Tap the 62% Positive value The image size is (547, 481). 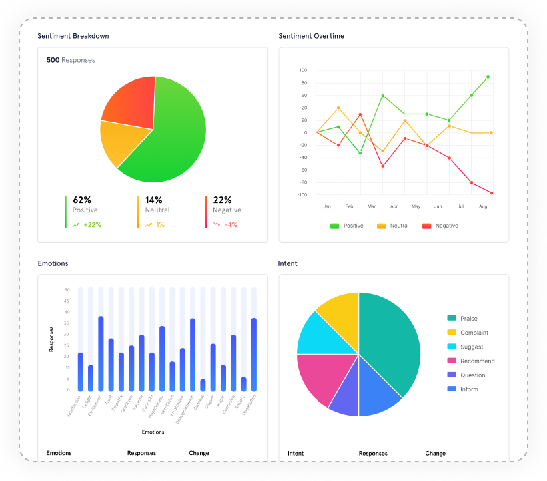(x=82, y=200)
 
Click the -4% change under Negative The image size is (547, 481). (x=231, y=224)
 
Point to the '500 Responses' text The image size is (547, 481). (x=71, y=60)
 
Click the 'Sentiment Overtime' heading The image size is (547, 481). (x=311, y=35)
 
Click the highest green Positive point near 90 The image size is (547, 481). (x=488, y=77)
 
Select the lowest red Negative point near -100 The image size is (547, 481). (x=492, y=193)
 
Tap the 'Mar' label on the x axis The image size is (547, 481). (x=371, y=206)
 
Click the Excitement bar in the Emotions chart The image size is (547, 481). (x=101, y=354)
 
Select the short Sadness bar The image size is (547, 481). (x=203, y=385)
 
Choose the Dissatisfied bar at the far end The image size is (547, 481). (x=254, y=354)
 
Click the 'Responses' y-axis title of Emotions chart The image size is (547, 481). (x=51, y=339)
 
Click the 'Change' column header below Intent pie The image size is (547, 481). (x=435, y=453)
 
